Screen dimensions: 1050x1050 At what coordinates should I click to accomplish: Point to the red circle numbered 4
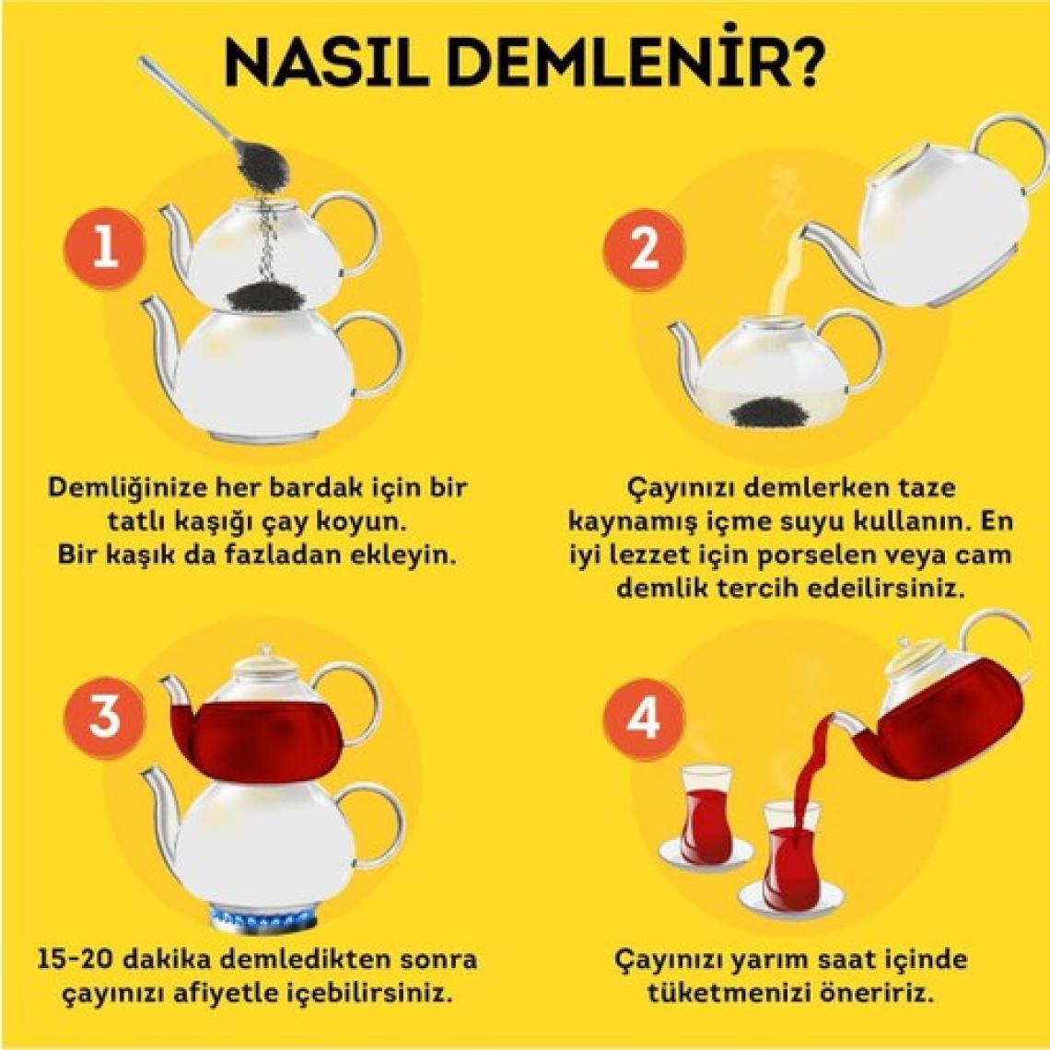644,719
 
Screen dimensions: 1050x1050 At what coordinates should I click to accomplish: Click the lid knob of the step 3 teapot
265,649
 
